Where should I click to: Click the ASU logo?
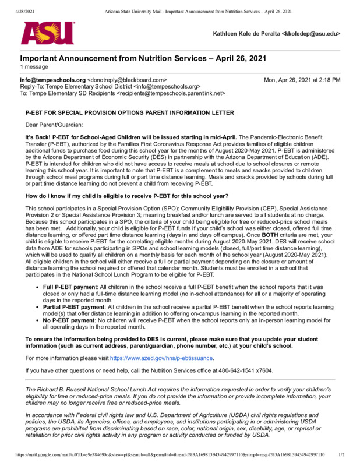coord(48,33)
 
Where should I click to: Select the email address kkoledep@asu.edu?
coord(312,34)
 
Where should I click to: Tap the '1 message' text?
coord(34,68)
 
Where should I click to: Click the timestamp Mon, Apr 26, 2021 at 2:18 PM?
coord(302,80)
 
